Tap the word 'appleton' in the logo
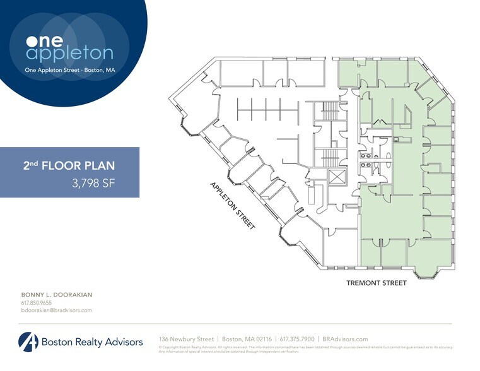[69, 54]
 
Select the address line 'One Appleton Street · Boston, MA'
[69, 70]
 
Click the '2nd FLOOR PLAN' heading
[69, 166]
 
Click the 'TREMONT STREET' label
[376, 283]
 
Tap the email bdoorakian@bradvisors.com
[57, 310]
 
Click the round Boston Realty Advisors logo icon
[28, 341]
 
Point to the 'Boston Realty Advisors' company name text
[92, 342]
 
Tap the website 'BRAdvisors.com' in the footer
[345, 339]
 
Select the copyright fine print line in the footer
[305, 347]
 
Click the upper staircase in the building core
[330, 110]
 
